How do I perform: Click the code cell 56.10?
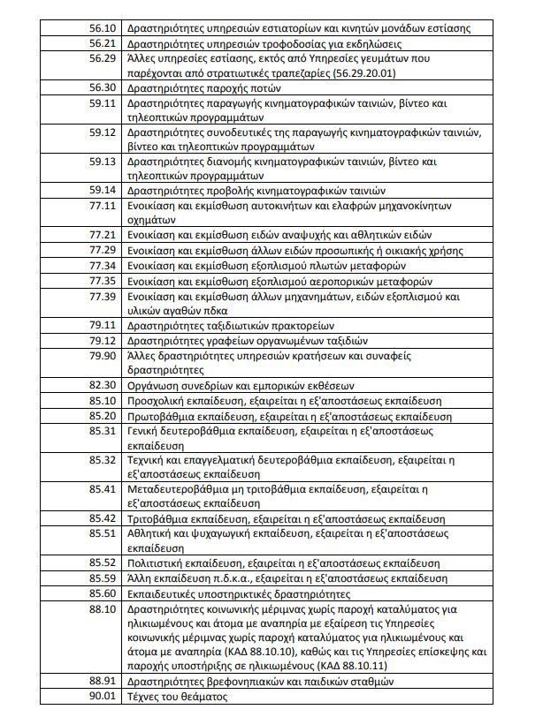103,29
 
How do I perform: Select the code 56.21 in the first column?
103,43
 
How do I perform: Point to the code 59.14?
103,190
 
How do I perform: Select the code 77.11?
103,205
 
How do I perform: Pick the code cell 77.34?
103,264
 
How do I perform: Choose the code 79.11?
103,324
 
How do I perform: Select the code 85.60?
103,592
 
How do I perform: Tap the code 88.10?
103,608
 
